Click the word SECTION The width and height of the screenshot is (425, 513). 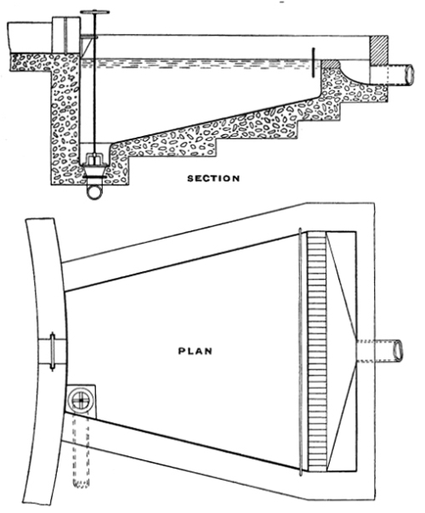213,178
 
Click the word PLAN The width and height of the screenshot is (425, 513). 195,351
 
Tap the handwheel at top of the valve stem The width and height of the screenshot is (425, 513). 94,13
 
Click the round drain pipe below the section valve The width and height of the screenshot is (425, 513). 94,191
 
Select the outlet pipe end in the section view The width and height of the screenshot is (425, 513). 409,74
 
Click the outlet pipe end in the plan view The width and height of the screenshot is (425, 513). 399,351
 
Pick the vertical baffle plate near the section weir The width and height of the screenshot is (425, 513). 314,63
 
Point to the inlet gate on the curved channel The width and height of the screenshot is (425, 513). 53,352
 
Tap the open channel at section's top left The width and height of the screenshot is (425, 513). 30,37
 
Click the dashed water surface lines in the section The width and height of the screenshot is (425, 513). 196,65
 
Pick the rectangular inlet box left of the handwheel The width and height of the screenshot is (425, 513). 66,36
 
